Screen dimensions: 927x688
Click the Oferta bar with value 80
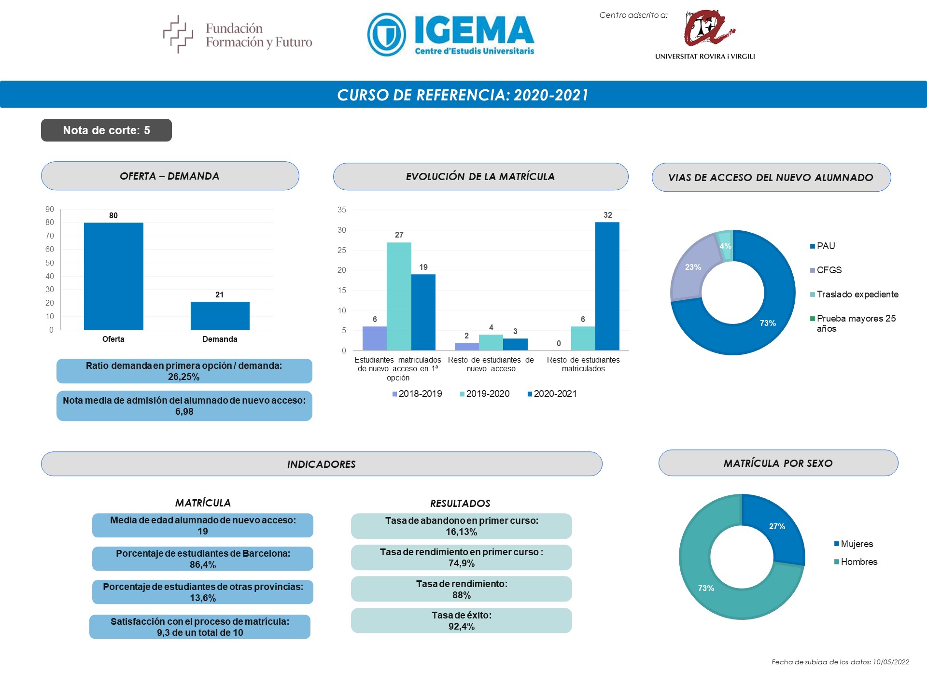[x=113, y=276]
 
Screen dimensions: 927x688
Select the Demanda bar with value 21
[x=220, y=316]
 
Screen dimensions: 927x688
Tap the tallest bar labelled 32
[x=607, y=286]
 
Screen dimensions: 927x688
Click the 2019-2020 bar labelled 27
[x=399, y=296]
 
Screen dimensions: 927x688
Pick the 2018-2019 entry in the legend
[x=417, y=394]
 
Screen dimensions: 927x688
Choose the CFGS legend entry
[x=826, y=270]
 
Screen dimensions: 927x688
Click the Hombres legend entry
[x=856, y=562]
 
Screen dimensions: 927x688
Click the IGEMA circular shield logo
[x=387, y=35]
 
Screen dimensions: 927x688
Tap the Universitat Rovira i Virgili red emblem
[x=707, y=28]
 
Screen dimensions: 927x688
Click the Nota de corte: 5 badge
[x=106, y=130]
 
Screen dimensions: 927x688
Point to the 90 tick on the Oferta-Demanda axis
[x=50, y=210]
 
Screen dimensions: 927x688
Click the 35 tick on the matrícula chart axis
[x=342, y=210]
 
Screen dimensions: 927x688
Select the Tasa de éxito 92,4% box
[x=462, y=620]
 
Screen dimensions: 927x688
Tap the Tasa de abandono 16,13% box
[x=462, y=526]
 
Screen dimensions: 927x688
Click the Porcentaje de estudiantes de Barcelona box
[x=203, y=559]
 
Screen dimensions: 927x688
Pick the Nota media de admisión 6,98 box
[x=184, y=406]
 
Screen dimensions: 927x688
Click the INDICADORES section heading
[x=322, y=464]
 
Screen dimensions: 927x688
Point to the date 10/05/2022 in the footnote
[x=891, y=662]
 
